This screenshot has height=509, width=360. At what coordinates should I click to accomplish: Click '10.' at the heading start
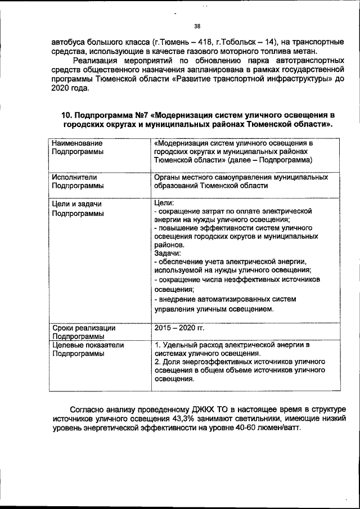coord(66,115)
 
